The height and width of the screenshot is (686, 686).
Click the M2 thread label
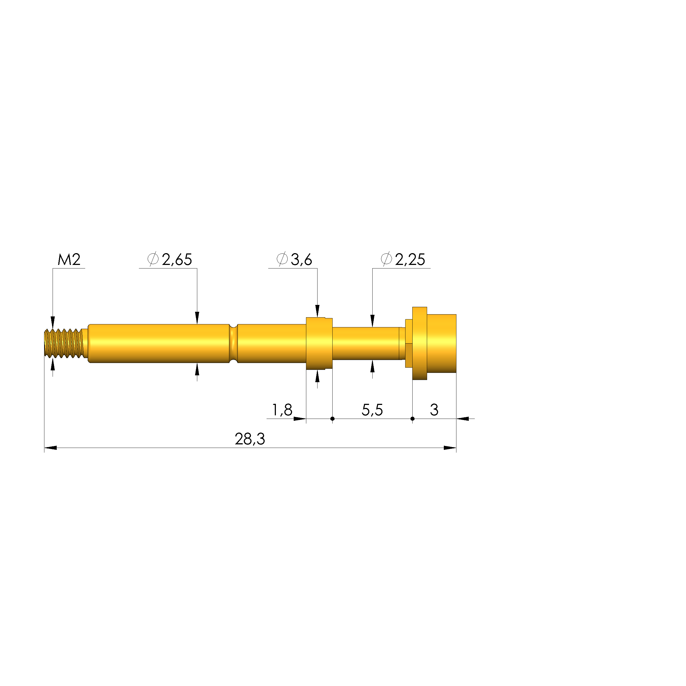coord(69,259)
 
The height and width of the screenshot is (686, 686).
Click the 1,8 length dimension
coord(282,410)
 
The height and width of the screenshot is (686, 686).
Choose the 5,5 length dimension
coord(372,410)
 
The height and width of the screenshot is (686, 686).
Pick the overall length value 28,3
coord(250,439)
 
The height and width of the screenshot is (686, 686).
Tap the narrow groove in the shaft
coord(233,343)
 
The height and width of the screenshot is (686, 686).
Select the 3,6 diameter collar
coord(319,343)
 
